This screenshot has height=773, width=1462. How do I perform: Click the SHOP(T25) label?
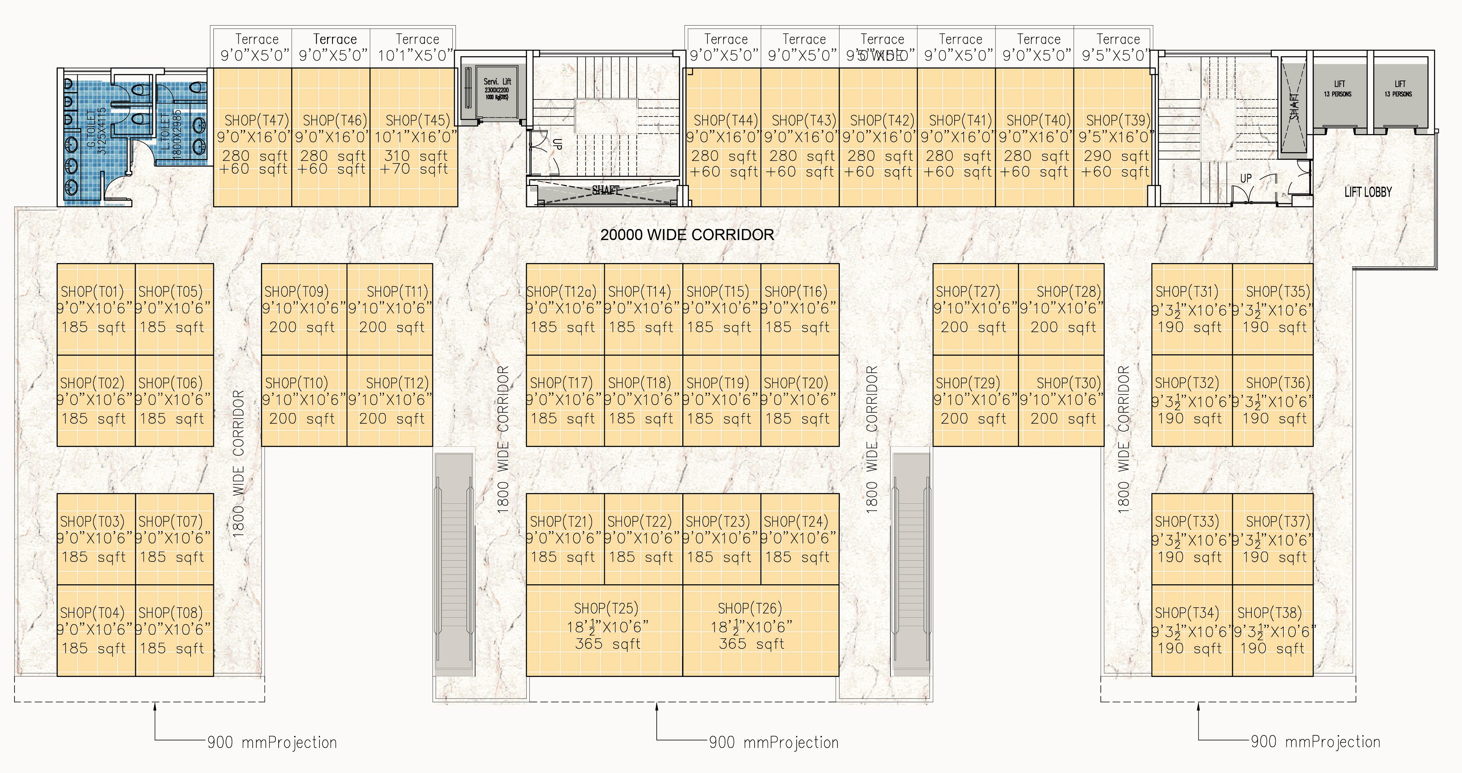[x=606, y=608]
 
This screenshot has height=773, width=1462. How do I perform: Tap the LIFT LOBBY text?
[x=1368, y=192]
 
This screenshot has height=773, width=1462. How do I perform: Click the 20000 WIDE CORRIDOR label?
[x=687, y=235]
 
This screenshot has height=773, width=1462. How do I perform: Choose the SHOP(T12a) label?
[x=561, y=291]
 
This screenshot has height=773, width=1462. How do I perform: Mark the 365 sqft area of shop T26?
[x=751, y=644]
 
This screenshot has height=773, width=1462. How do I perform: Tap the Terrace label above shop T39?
[x=1117, y=39]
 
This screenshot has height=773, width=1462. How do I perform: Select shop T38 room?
[x=1273, y=630]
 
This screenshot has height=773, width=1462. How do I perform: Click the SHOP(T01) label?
[x=92, y=291]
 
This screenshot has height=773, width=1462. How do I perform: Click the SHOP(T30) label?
[x=1069, y=383]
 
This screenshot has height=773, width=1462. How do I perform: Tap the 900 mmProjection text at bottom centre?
[x=773, y=742]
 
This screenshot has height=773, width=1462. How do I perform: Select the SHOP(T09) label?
[x=296, y=291]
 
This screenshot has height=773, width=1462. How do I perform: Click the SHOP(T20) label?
[x=796, y=383]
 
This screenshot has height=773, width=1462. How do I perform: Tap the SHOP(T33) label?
[x=1187, y=521]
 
